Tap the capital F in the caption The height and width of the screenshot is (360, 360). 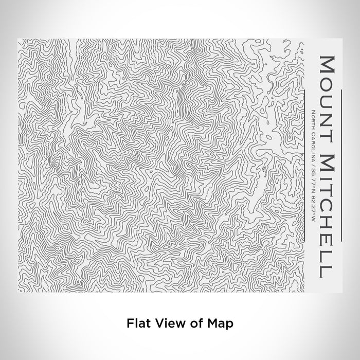(129, 323)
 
